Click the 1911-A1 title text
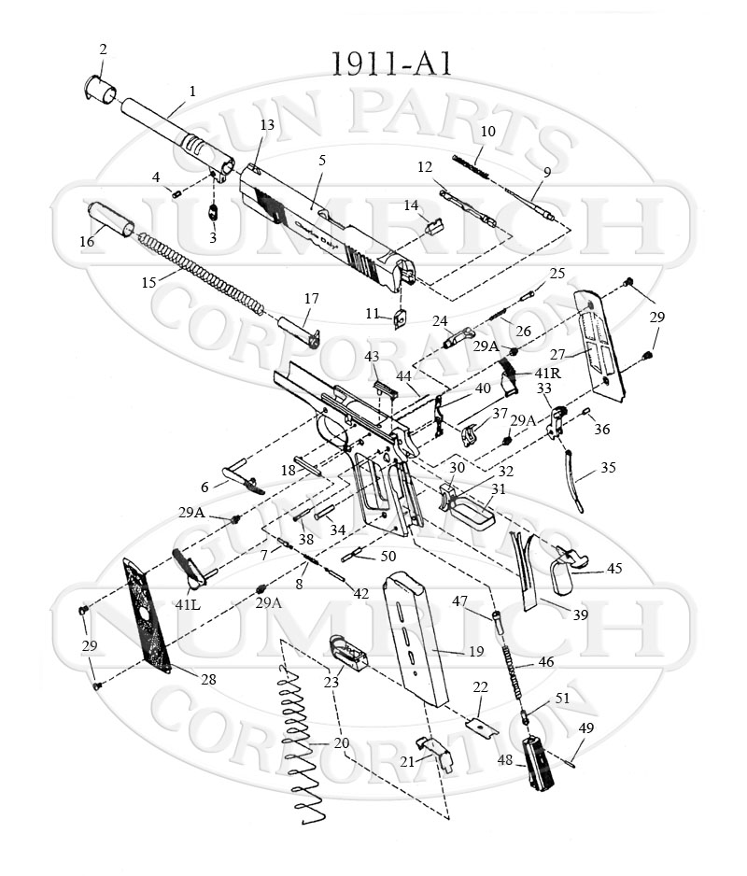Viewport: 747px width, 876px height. click(392, 64)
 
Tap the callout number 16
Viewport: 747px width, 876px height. click(87, 242)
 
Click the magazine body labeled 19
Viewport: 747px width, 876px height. click(416, 644)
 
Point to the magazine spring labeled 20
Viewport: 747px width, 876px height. click(303, 747)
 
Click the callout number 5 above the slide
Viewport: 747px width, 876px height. click(322, 161)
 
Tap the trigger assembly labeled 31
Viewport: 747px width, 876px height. click(472, 509)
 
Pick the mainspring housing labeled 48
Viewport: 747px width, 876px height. click(537, 763)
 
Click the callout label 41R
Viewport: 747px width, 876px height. click(547, 373)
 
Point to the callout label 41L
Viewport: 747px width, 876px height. click(187, 604)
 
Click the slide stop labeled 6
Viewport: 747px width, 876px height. click(242, 478)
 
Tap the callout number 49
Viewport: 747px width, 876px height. click(586, 728)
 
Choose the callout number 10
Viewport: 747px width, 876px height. click(487, 132)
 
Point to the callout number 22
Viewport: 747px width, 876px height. click(481, 686)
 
